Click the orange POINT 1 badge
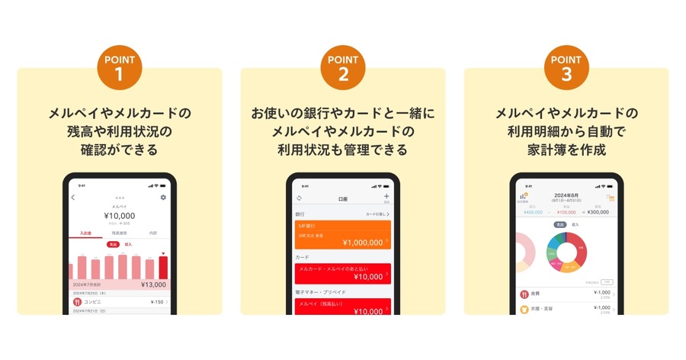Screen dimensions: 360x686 coord(120,68)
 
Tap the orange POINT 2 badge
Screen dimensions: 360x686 coord(343,68)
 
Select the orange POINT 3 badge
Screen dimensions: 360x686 coord(566,68)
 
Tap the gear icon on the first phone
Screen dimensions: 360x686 coord(163,198)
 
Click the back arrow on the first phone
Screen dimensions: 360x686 coord(73,198)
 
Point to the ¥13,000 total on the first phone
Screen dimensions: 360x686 coord(154,284)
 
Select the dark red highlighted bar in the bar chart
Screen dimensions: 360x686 coord(163,267)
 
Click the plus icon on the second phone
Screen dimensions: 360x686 coord(386,197)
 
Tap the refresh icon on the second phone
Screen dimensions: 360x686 coord(300,198)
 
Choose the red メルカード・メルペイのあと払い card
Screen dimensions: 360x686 coord(342,273)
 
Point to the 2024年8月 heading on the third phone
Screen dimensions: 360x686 coord(567,195)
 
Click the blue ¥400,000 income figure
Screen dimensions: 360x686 coord(533,212)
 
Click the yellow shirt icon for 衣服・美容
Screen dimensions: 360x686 coord(524,310)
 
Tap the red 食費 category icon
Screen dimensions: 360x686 coord(524,294)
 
